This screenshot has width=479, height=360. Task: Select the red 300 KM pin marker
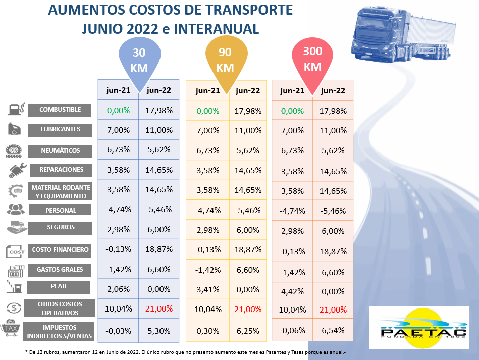pos(312,59)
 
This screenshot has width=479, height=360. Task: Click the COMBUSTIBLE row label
pos(60,110)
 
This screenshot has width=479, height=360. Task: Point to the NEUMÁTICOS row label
pos(60,150)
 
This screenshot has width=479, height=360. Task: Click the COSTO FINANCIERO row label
pos(60,249)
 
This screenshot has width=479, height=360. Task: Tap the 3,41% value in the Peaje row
pos(207,290)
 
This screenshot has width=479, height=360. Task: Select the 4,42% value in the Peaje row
pos(292,292)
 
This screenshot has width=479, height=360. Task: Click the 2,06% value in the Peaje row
pos(118,289)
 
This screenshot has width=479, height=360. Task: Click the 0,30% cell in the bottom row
pos(207,331)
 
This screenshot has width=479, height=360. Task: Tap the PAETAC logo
pos(418,327)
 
